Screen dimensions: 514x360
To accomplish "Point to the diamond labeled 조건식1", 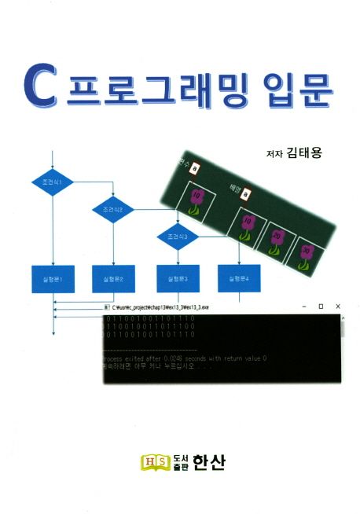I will coord(53,182).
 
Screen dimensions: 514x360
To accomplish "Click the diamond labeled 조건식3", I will coord(178,236).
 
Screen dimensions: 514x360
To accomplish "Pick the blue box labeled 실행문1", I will coord(53,278).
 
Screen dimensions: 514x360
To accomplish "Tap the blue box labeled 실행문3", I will coord(178,278).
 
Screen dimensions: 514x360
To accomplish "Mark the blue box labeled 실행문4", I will coord(239,278).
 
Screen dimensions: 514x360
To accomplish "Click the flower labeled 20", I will coord(276,240).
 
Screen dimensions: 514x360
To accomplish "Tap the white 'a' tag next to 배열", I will coord(246,193).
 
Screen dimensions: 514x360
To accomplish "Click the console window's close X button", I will coord(338,306).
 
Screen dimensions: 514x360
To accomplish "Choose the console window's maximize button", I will coord(321,306).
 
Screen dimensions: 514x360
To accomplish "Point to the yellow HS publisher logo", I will coord(154,462).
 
